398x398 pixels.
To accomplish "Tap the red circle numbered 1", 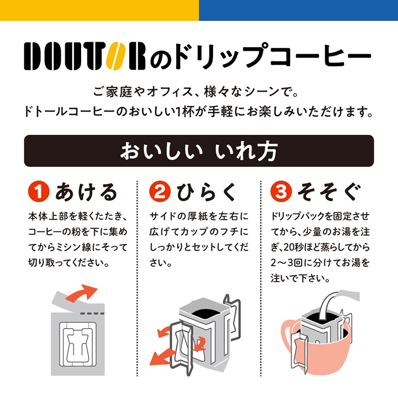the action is tap(38, 192).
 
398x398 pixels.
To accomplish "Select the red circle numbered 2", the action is tap(160, 192).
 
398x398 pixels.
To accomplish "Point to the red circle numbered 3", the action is tap(281, 192).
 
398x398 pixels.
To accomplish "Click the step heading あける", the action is tap(86, 192).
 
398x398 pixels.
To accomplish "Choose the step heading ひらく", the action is tap(206, 192).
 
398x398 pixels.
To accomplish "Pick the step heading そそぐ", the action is tap(329, 192).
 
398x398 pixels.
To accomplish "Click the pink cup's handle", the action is tap(288, 335).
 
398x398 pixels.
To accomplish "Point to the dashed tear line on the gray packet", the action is tap(92, 313).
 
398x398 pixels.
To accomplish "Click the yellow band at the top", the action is tap(99, 10).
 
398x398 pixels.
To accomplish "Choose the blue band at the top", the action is tap(298, 10).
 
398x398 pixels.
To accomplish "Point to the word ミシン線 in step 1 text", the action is tap(79, 247).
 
